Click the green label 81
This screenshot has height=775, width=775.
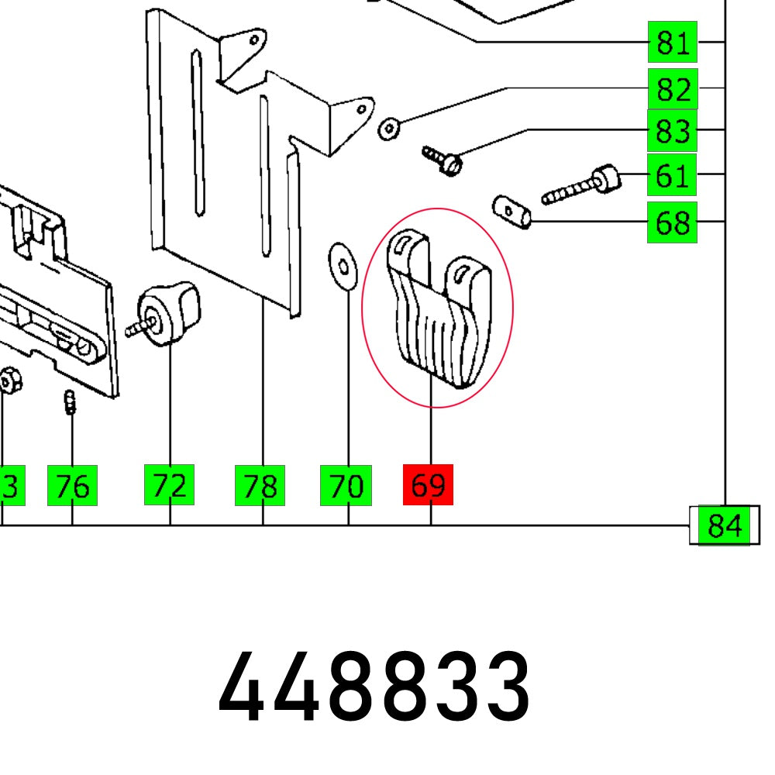click(x=673, y=42)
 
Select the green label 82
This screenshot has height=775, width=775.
click(x=673, y=90)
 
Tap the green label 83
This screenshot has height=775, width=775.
click(x=673, y=131)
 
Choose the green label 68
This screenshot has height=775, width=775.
click(x=672, y=222)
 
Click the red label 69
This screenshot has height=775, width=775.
click(x=428, y=486)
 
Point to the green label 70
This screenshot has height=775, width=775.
click(x=346, y=486)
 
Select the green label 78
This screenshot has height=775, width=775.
click(x=260, y=486)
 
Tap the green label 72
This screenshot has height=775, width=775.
click(x=169, y=485)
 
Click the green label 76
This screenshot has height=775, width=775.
click(x=72, y=486)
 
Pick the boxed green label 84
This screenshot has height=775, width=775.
click(x=725, y=525)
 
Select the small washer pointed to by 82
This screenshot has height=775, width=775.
click(x=387, y=127)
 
